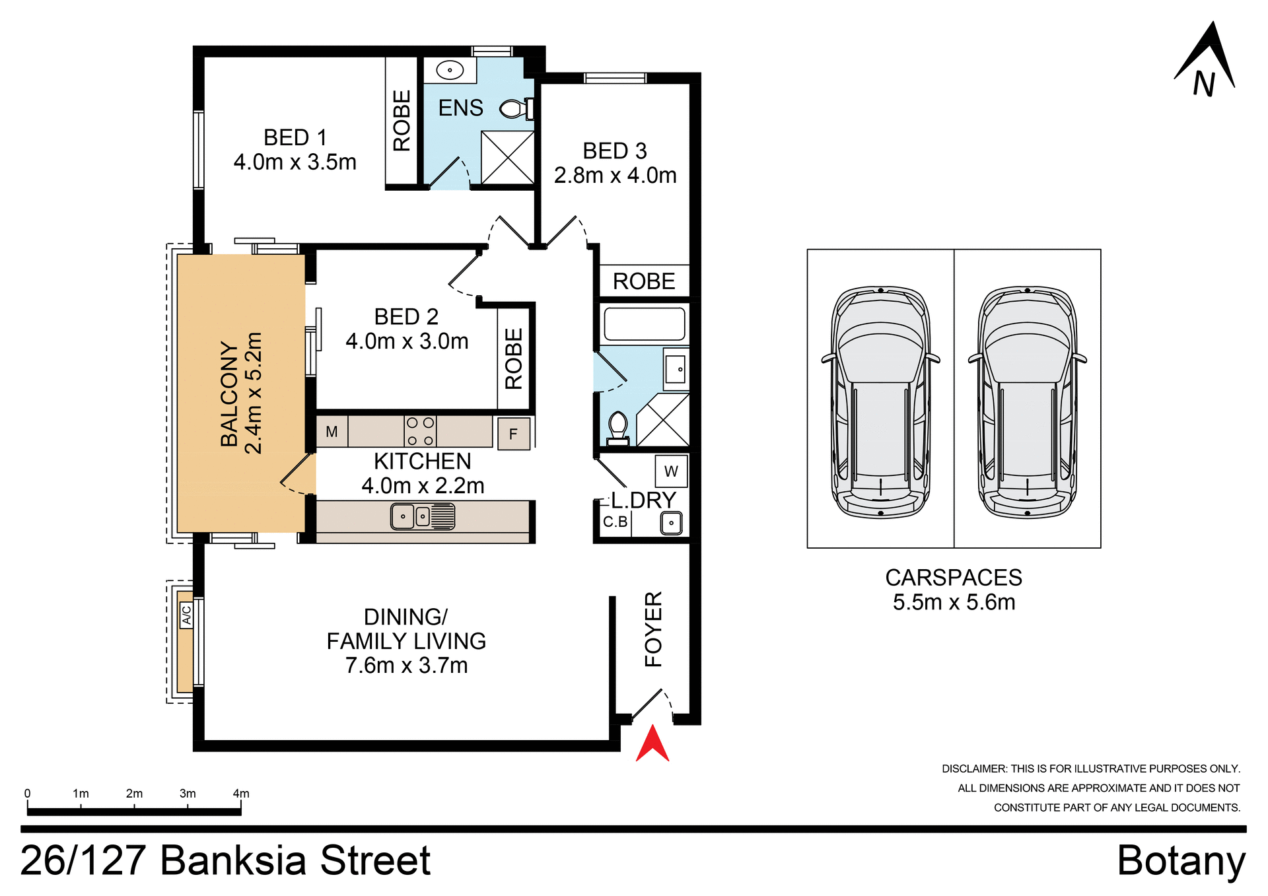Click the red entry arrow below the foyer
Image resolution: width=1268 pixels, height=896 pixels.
652,745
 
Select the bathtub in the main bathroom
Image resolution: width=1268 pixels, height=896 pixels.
644,324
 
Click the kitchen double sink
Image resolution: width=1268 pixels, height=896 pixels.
423,516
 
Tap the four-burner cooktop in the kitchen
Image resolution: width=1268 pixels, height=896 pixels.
420,431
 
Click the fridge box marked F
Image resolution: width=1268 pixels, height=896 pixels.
513,434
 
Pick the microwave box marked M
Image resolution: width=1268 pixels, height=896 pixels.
332,432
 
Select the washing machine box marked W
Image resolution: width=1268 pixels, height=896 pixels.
671,471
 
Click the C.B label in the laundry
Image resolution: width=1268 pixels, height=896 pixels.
615,522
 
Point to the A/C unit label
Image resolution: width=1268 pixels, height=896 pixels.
186,615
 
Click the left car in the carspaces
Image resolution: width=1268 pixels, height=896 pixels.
880,403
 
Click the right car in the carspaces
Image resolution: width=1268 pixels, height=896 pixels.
1027,403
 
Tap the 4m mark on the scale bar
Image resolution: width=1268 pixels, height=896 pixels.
241,794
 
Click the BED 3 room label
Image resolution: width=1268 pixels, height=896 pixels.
615,151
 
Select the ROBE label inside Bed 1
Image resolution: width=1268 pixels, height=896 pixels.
402,121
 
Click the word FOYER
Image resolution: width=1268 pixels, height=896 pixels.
653,629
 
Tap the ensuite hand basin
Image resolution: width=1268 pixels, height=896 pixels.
450,70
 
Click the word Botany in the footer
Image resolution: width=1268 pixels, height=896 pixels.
1181,861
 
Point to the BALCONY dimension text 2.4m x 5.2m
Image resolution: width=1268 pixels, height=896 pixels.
254,394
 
